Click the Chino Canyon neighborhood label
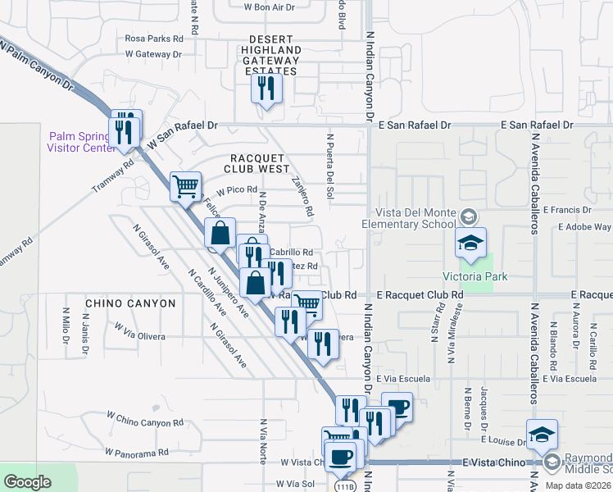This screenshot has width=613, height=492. coord(130,303)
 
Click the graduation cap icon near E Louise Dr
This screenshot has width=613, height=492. coord(542,434)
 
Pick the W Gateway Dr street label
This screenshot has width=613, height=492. coord(152,54)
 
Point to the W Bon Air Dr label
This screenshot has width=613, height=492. coord(269,7)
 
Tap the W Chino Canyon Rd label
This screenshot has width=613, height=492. coord(145,421)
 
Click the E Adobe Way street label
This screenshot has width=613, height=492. coord(585,227)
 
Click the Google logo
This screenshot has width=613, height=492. coord(27,482)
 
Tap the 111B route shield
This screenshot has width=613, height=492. coord(347,486)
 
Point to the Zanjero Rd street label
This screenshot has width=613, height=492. coord(302,198)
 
